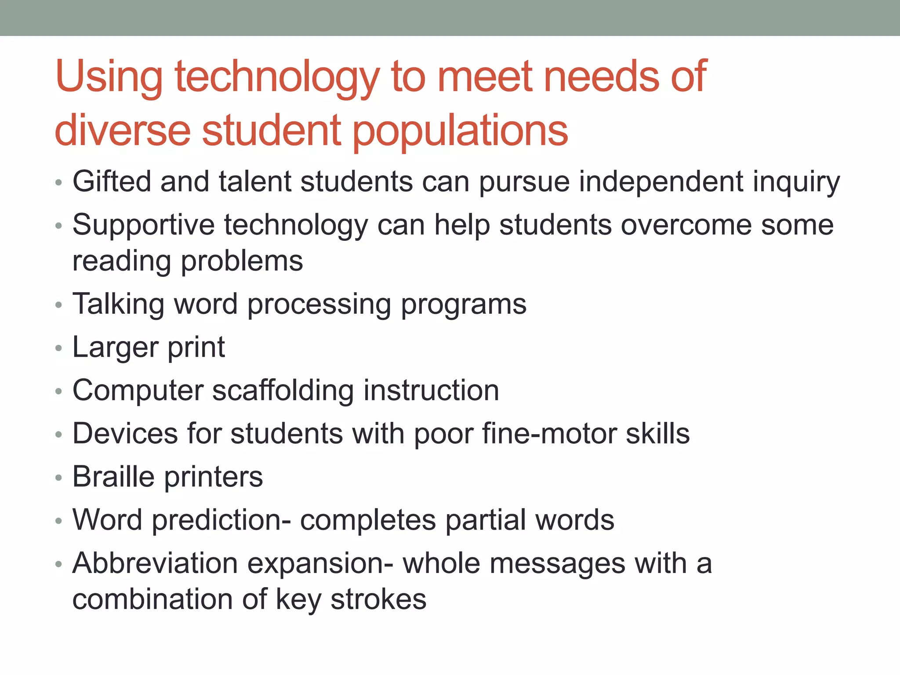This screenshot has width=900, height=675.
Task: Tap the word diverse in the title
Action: [123, 130]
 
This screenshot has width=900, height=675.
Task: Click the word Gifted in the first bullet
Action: [112, 181]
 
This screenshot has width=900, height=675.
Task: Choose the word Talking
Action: [118, 305]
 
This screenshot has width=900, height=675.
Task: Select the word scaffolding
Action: [283, 391]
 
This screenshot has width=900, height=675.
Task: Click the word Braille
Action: [113, 477]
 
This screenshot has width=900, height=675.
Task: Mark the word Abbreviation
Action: [155, 563]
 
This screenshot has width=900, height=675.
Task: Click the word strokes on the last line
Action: [378, 599]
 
